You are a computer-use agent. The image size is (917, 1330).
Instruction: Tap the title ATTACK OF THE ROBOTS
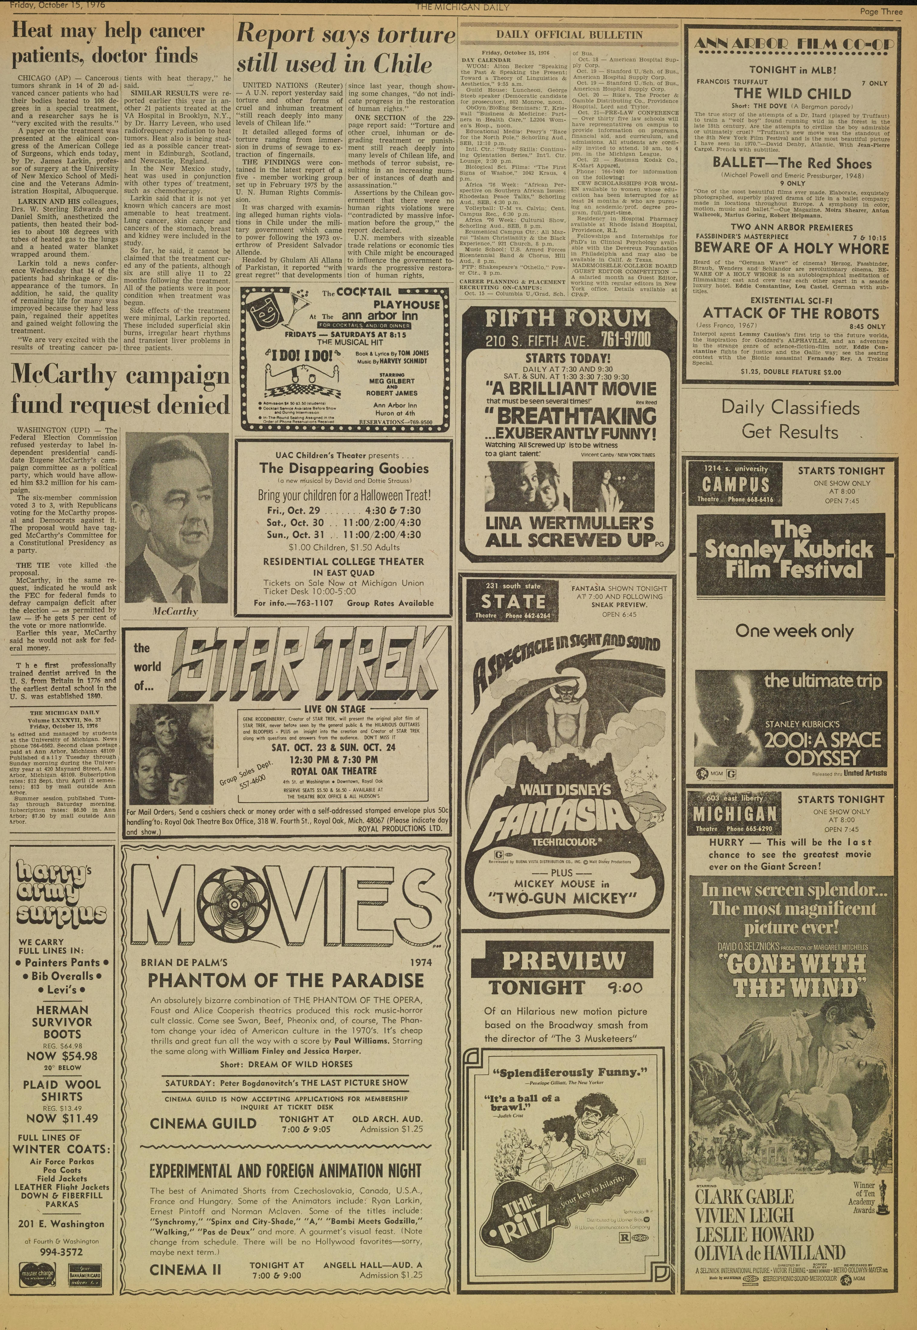point(791,314)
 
